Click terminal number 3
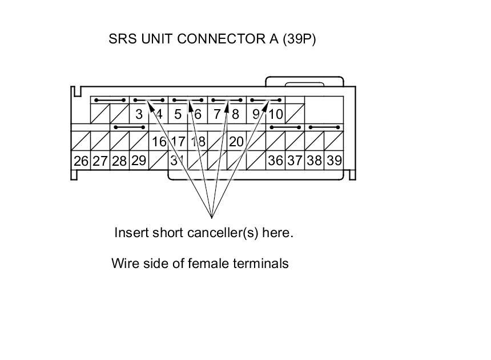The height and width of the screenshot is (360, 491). (x=139, y=114)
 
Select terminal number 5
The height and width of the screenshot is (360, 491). (x=178, y=114)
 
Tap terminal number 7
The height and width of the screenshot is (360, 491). (x=217, y=114)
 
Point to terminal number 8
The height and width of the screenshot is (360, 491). (x=235, y=114)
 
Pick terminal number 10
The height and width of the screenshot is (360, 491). (x=276, y=114)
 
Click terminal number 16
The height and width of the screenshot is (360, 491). (x=159, y=142)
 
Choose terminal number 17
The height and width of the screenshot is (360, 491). (x=178, y=142)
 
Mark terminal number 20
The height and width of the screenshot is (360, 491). (x=236, y=142)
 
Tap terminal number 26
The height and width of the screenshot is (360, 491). (x=81, y=161)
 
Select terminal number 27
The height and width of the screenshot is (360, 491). (x=100, y=161)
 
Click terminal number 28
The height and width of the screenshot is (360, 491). (x=119, y=161)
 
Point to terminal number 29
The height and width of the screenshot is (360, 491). (x=139, y=161)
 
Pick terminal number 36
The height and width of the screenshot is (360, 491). (x=276, y=161)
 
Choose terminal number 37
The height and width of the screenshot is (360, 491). (x=295, y=161)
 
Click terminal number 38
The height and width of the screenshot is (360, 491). (x=315, y=161)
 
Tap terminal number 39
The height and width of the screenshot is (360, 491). (x=334, y=161)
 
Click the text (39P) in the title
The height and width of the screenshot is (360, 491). (x=299, y=39)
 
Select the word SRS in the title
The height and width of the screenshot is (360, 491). (x=122, y=39)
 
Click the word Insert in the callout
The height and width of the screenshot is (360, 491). (x=130, y=233)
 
